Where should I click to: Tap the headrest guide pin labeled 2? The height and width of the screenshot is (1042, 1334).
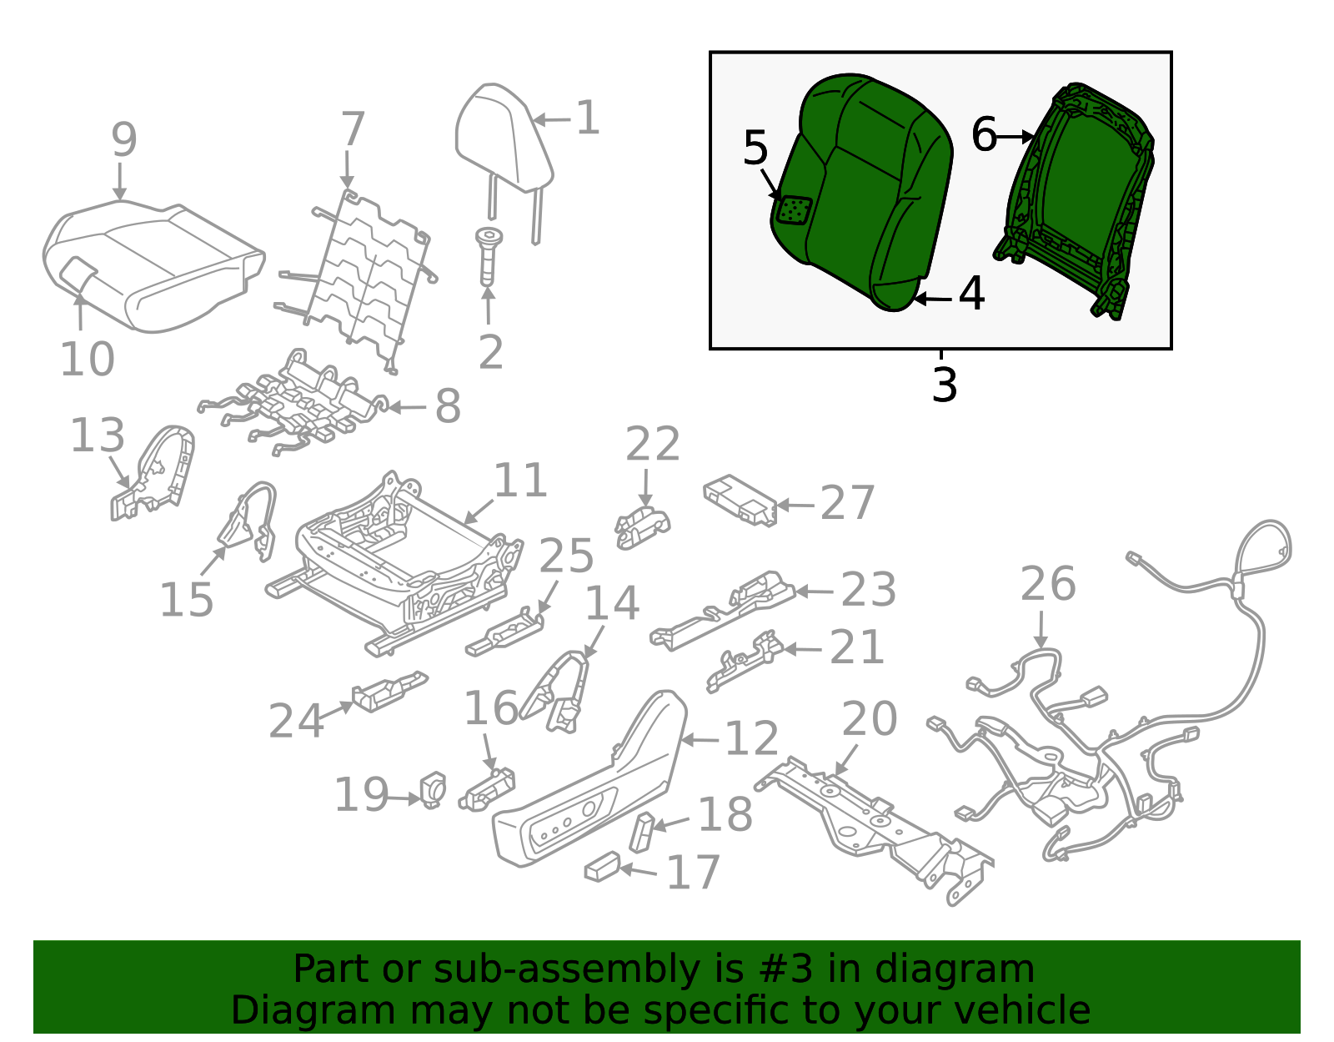pyautogui.click(x=488, y=254)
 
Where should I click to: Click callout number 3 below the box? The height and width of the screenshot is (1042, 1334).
pyautogui.click(x=944, y=385)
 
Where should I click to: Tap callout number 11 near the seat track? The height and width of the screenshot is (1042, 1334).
pyautogui.click(x=520, y=481)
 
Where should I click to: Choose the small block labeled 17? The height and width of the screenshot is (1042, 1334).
pyautogui.click(x=602, y=868)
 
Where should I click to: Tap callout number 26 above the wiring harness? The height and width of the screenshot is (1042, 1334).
pyautogui.click(x=1048, y=584)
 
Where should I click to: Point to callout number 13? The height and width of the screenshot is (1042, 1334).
pyautogui.click(x=98, y=435)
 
